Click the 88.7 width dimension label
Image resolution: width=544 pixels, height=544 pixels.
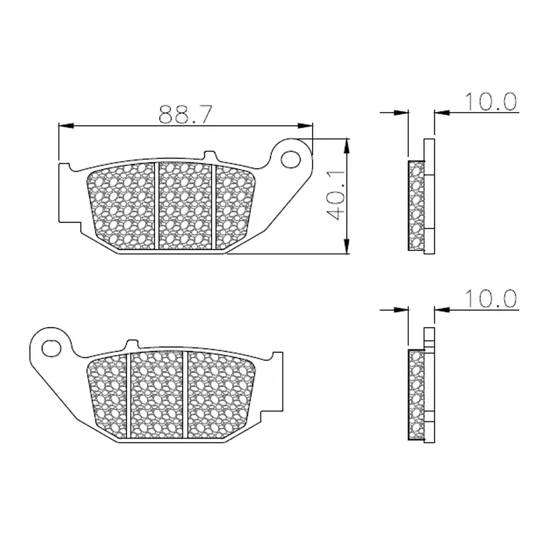coord(184,114)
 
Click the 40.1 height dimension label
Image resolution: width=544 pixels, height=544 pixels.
coord(336,196)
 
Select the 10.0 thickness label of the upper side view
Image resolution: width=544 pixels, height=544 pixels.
coord(490,101)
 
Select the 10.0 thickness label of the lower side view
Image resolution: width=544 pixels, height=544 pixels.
coord(490,299)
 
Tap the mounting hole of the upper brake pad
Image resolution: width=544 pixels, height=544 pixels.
coord(290,160)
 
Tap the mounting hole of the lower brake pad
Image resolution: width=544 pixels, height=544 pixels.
coord(51,348)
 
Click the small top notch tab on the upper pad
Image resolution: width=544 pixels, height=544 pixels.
coord(209,154)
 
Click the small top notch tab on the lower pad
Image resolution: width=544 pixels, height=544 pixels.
coord(132,343)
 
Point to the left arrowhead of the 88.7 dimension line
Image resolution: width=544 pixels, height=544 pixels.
coord(66,126)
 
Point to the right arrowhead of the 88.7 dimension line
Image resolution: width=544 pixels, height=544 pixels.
coord(305,126)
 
